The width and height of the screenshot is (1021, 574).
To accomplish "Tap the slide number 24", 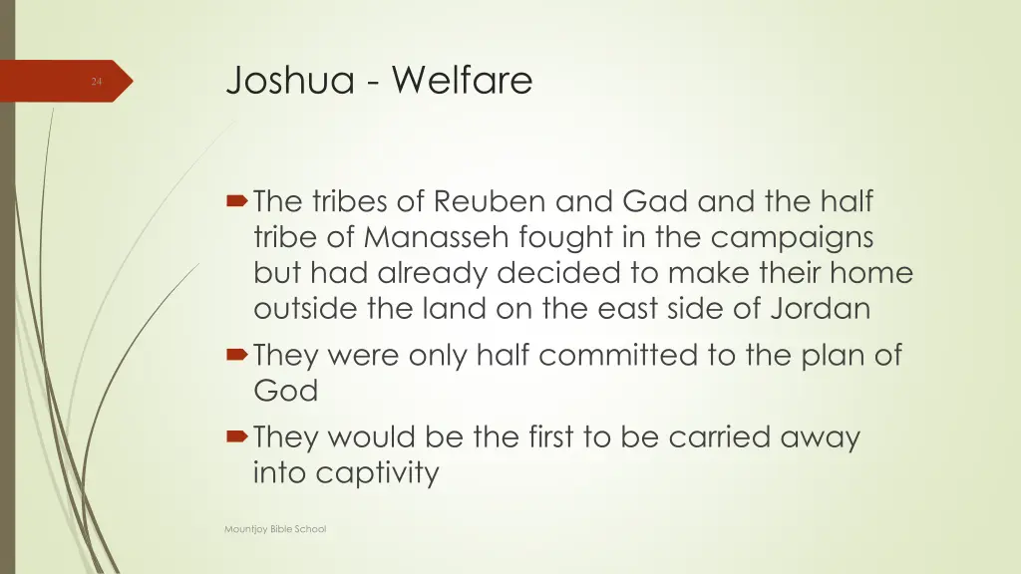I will click(96, 82).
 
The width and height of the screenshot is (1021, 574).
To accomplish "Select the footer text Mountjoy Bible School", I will click(275, 529).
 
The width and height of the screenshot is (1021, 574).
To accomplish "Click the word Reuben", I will click(493, 202).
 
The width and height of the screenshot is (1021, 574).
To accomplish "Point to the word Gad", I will click(656, 202).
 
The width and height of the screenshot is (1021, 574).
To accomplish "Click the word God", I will click(285, 392).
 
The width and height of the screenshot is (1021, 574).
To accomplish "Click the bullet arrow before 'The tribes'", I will click(239, 203).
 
